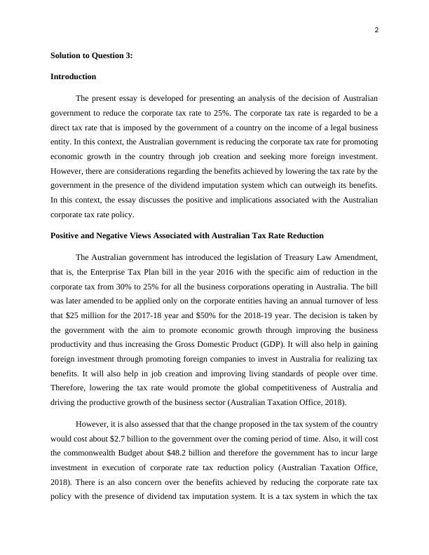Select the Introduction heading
[73, 76]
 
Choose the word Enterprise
[104, 271]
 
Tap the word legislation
[248, 256]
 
